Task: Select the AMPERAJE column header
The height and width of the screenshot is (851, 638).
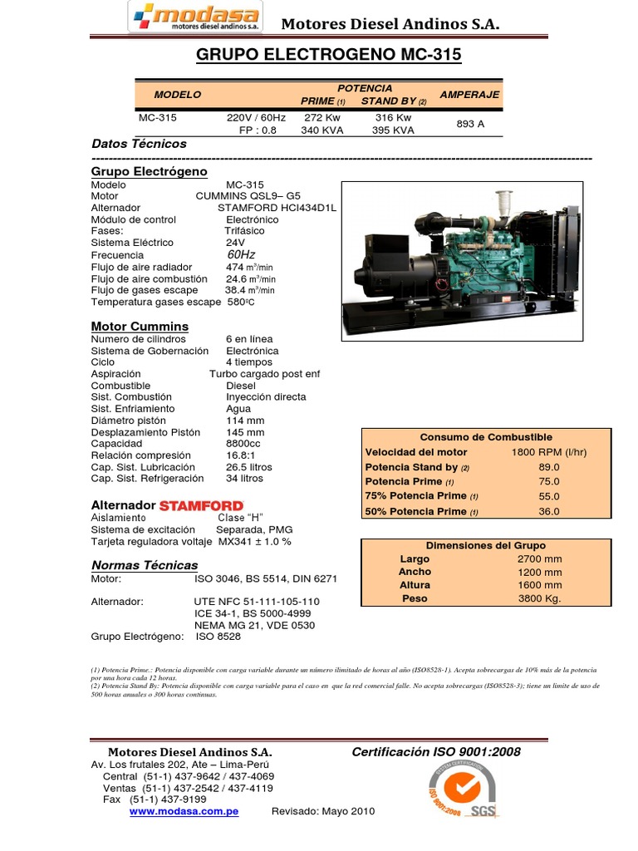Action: (469, 95)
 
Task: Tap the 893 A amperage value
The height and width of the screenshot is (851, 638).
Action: (470, 124)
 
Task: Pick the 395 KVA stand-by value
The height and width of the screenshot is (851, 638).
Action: (393, 130)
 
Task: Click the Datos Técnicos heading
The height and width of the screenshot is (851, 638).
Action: (139, 144)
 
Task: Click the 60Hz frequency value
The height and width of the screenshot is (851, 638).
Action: (241, 254)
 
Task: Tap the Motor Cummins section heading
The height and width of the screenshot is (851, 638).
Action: (140, 326)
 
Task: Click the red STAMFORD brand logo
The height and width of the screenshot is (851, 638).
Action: (201, 505)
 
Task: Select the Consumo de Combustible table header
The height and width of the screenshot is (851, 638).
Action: (486, 437)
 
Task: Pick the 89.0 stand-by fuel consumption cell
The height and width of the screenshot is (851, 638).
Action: (549, 468)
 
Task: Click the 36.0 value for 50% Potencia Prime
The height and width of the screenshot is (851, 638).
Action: (549, 512)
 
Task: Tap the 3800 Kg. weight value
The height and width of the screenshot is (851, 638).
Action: (540, 598)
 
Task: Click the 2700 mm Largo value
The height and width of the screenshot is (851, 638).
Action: (540, 559)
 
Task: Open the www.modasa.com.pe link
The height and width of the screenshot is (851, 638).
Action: (184, 811)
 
